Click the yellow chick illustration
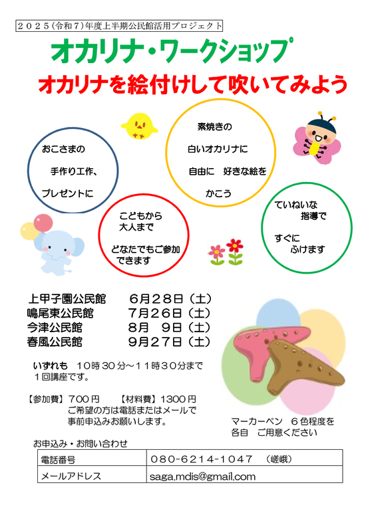[x=139, y=126]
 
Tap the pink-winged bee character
[x=317, y=138]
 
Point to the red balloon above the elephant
[x=43, y=223]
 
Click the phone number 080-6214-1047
[x=202, y=459]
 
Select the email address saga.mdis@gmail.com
[x=202, y=476]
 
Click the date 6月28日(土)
[x=170, y=299]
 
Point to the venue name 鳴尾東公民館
[x=61, y=313]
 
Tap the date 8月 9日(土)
[x=169, y=328]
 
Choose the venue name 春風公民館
[x=55, y=342]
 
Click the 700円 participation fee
[x=84, y=399]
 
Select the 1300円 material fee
[x=178, y=399]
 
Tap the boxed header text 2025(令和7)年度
[x=59, y=26]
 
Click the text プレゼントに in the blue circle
[x=68, y=193]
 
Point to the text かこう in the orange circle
[x=219, y=193]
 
